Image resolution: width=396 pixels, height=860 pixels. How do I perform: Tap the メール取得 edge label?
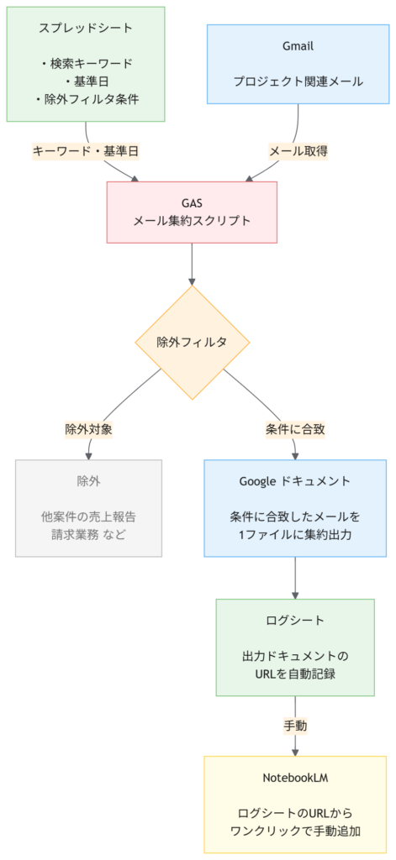click(x=298, y=152)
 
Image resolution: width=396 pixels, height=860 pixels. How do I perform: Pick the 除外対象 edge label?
click(x=88, y=428)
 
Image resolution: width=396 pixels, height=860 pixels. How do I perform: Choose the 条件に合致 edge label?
click(x=295, y=428)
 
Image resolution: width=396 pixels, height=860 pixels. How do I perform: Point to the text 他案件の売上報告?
click(x=88, y=517)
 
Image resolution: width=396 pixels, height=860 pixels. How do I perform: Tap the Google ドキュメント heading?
click(x=295, y=481)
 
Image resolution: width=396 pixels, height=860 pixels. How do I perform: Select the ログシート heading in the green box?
click(x=295, y=621)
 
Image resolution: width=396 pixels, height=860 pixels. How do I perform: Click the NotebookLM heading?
click(x=295, y=778)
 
